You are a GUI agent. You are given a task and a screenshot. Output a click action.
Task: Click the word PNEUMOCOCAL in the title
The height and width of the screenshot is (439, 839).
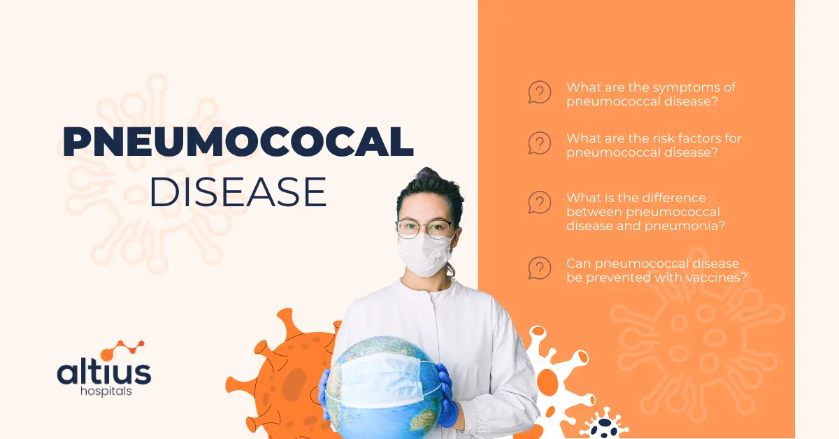(238, 143)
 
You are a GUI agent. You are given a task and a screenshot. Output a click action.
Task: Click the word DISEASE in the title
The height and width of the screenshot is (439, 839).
(238, 191)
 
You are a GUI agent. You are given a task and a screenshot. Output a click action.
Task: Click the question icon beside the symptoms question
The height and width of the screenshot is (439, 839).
(539, 92)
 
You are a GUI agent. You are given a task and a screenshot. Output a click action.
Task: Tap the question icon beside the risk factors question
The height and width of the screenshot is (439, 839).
(539, 143)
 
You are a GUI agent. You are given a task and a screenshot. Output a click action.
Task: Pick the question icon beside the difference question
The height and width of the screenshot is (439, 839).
(539, 203)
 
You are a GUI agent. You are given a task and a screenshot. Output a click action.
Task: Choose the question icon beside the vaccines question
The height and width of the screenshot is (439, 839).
(539, 268)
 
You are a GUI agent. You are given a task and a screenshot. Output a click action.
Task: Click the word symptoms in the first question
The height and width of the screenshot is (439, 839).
(682, 88)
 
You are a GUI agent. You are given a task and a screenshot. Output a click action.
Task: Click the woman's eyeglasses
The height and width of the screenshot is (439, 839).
(424, 228)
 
